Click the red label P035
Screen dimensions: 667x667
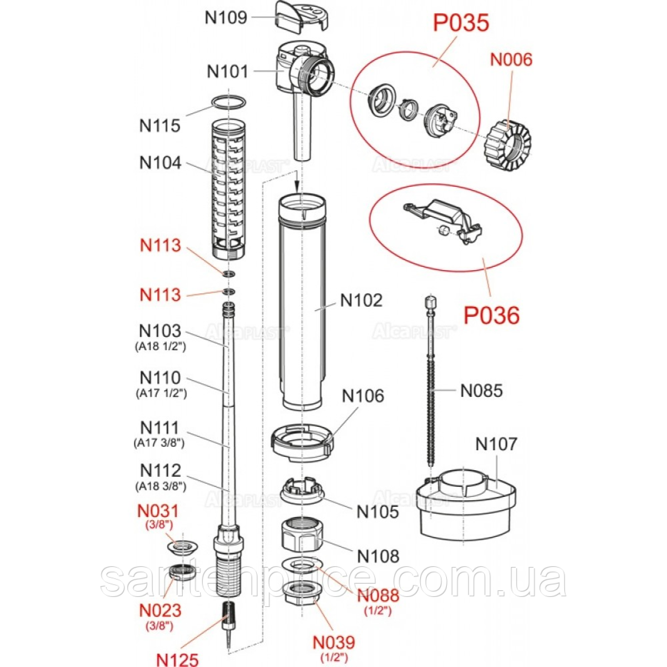coord(461,23)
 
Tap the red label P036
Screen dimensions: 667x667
coord(491,316)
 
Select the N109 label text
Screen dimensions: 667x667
coord(226,17)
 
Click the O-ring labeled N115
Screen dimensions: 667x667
coord(229,103)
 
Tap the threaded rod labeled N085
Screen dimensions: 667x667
coord(430,389)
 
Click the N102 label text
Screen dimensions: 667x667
coord(361,301)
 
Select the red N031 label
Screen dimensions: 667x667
coord(158,511)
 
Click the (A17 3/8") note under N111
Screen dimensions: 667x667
coord(159,443)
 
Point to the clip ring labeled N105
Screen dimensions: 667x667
coord(302,490)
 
